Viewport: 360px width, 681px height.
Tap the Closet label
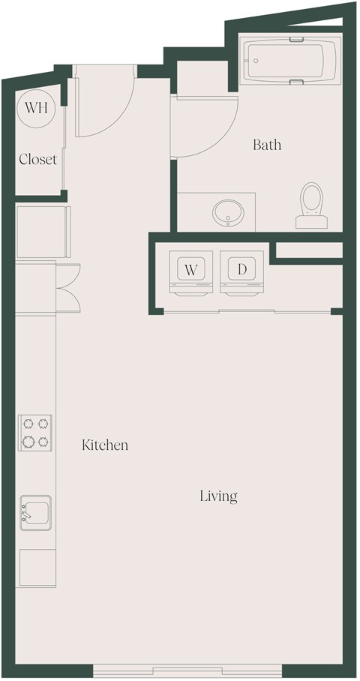pos(37,159)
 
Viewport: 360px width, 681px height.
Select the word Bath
pos(266,145)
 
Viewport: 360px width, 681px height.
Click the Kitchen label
pos(105,445)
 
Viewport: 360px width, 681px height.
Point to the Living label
pos(218,496)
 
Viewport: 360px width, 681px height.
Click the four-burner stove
pos(35,433)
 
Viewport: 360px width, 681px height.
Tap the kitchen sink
pos(35,513)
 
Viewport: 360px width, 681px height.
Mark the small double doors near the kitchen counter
pos(68,286)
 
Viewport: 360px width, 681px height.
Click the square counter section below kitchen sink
pos(37,568)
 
